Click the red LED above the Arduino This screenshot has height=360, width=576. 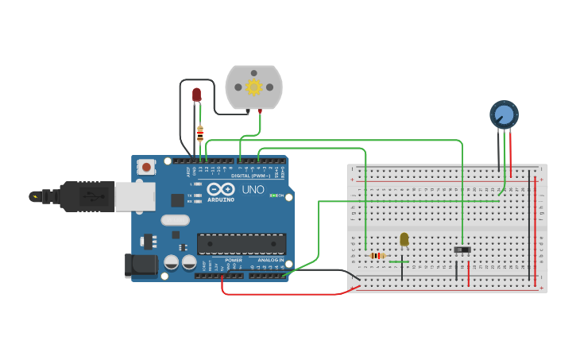coord(197,95)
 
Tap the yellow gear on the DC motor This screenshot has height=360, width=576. coord(253,87)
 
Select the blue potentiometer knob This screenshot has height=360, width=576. coord(504,115)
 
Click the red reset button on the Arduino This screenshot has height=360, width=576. coord(146,167)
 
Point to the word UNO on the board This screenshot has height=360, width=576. coord(253,190)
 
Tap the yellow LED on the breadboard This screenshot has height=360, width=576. coord(404,239)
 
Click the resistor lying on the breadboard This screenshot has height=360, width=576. coord(377,255)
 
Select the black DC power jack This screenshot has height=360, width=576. coord(142,265)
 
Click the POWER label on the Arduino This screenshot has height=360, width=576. coord(233,261)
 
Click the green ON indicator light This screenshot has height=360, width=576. coord(273,195)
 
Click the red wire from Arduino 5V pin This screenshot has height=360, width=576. coord(278,294)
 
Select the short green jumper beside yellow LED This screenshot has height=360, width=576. coord(399,261)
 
